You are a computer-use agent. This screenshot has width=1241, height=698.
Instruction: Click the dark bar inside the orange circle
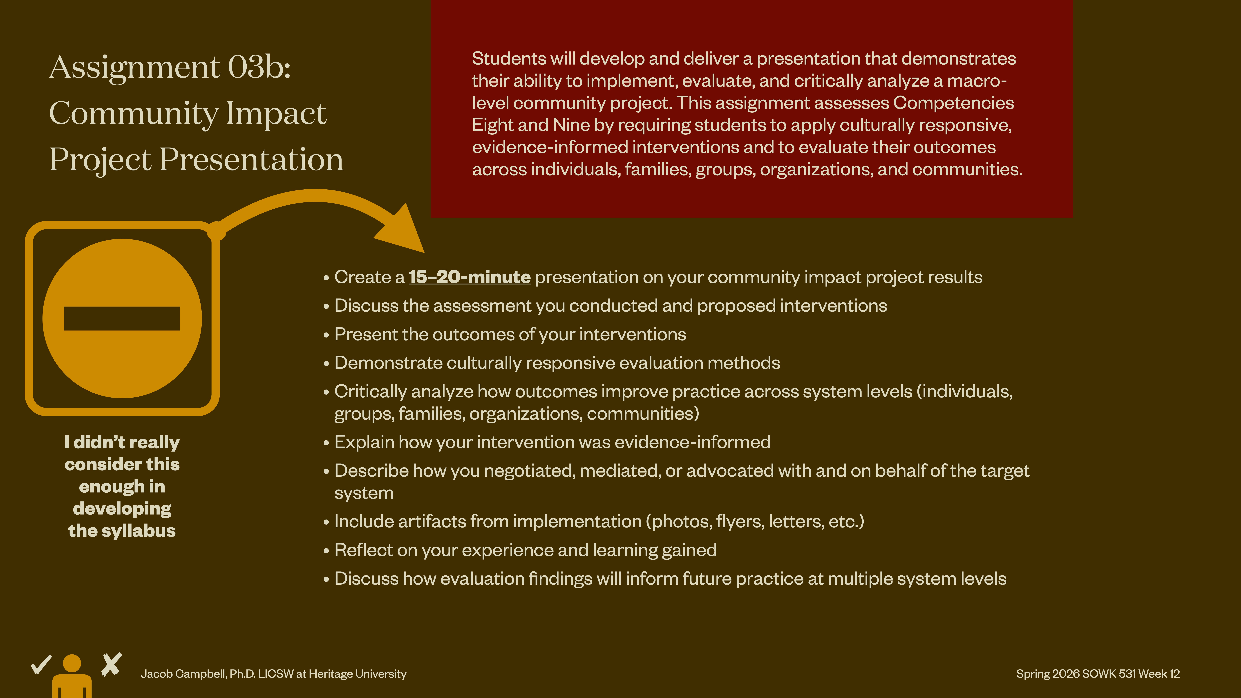(122, 318)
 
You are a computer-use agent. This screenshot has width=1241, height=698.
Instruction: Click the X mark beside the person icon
(112, 665)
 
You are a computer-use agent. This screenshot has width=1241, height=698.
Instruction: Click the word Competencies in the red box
(953, 103)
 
